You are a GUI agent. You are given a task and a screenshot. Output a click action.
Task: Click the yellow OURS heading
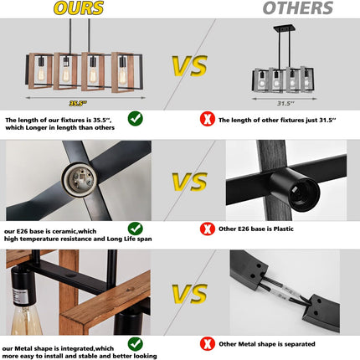(79, 8)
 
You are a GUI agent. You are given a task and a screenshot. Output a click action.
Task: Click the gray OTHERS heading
(298, 8)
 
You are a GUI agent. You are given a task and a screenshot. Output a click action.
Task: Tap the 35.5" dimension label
(78, 104)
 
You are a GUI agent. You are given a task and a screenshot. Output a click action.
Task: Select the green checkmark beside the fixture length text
(136, 119)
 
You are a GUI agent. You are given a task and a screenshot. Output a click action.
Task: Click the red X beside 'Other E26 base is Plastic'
(208, 229)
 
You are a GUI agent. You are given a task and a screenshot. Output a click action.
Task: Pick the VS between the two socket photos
(190, 182)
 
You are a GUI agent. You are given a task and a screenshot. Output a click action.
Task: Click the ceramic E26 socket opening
(80, 180)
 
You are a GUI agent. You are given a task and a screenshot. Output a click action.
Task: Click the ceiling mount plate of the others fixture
(285, 28)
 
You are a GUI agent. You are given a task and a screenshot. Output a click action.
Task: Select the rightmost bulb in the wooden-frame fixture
(122, 75)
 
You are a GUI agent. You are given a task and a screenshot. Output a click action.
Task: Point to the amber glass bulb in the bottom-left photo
(27, 320)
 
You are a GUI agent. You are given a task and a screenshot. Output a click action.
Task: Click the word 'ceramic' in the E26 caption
(65, 231)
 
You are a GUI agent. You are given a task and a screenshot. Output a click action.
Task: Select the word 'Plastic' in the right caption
(284, 229)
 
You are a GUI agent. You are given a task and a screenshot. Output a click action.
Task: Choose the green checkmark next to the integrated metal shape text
(136, 344)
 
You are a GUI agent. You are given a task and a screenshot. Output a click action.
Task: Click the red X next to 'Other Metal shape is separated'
(208, 344)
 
